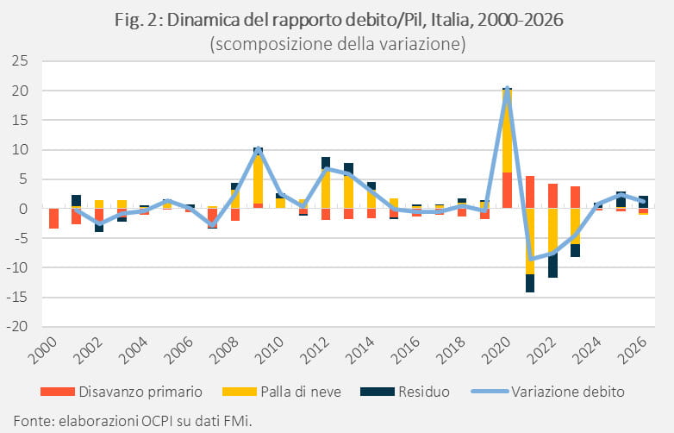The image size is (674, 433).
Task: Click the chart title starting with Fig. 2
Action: coord(339,20)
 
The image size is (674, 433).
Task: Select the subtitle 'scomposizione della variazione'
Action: coord(338,44)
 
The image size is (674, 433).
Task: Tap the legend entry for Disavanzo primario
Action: coord(122,392)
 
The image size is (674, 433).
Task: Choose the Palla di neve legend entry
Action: coord(282,392)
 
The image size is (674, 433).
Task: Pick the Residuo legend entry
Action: coord(405,392)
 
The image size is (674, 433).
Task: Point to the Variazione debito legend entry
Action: coord(547,392)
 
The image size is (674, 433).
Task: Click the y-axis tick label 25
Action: coord(19,61)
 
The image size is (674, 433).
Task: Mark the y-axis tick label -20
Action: coord(17,326)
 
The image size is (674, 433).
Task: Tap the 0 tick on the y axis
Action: coord(24,209)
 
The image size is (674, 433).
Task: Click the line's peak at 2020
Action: coord(507,89)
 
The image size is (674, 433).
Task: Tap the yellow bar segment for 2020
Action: coord(507,131)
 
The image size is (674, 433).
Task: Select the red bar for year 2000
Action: coord(53,218)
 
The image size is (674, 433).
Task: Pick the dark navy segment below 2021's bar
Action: coord(530,284)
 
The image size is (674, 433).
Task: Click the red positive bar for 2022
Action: coord(552,196)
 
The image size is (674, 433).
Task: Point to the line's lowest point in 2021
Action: coord(531,259)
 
